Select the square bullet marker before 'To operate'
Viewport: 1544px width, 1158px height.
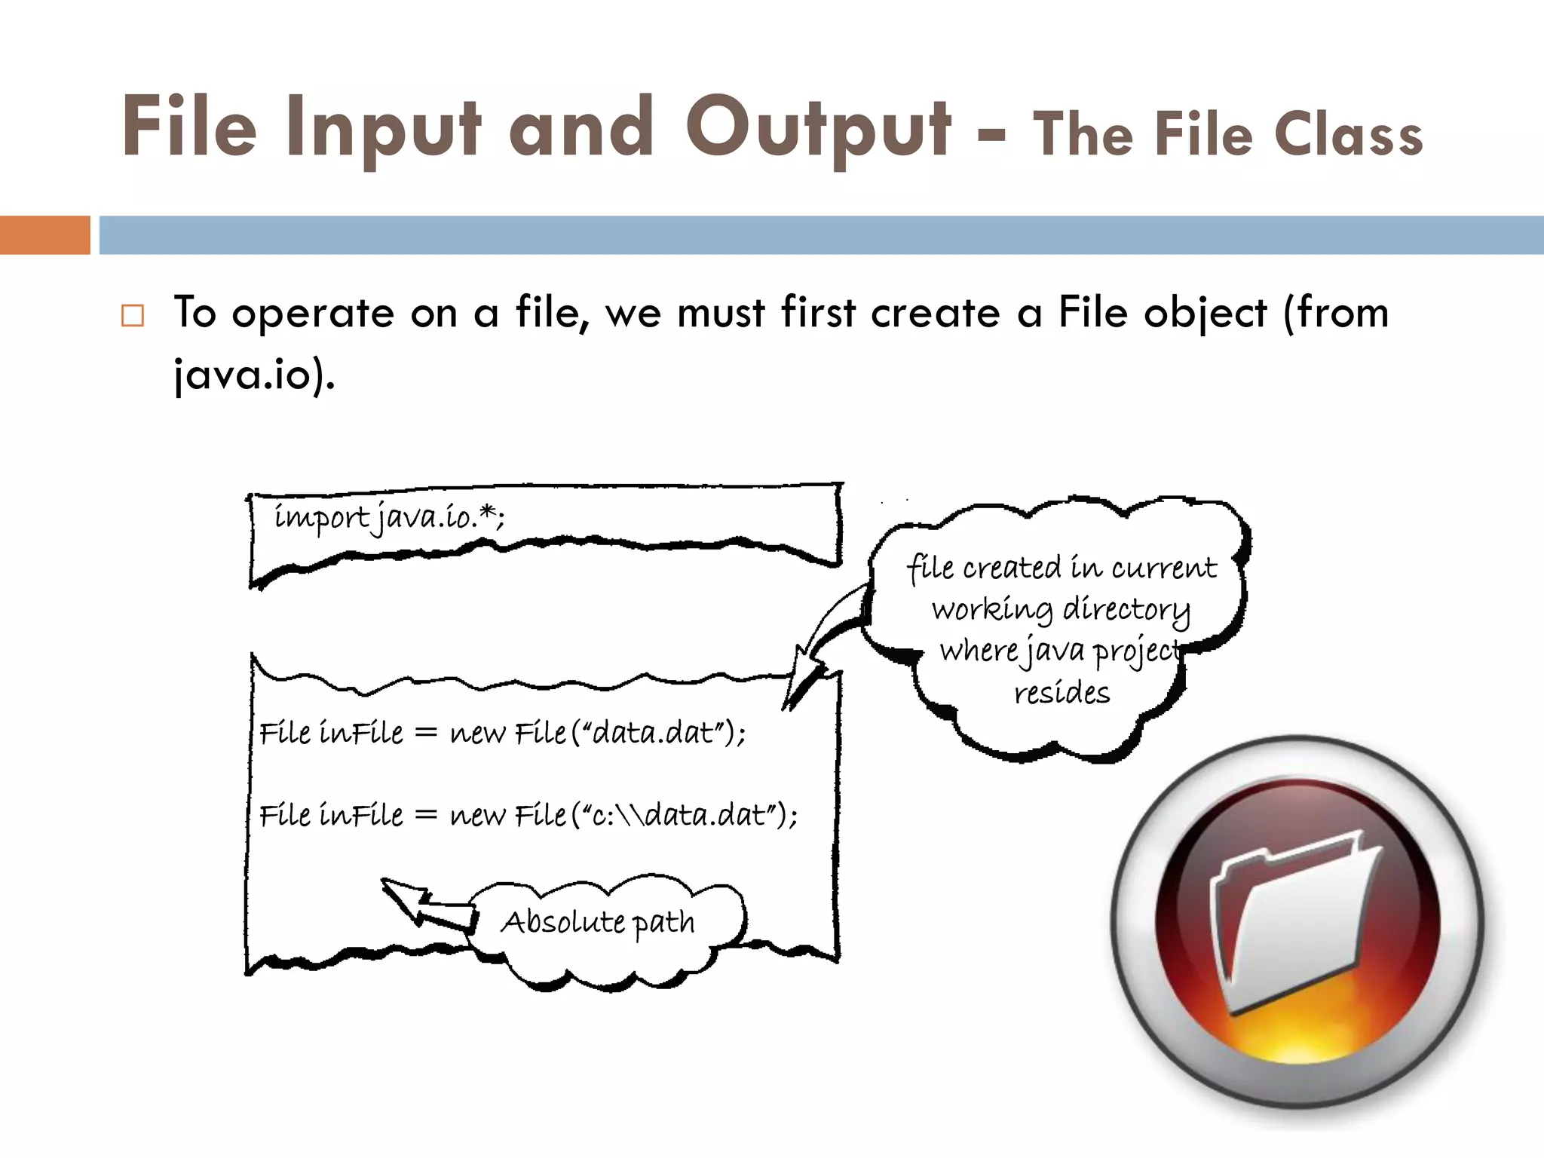[133, 315]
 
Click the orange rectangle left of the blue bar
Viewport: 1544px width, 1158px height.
[44, 235]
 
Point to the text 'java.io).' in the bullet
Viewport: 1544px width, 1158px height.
[254, 375]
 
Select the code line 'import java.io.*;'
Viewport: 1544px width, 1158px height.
[388, 518]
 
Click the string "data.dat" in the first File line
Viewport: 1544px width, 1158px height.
[653, 733]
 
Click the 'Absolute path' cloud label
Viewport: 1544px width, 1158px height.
[598, 922]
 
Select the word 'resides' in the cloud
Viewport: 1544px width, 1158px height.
[1061, 693]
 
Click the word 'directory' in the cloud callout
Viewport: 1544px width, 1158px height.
[1126, 609]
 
